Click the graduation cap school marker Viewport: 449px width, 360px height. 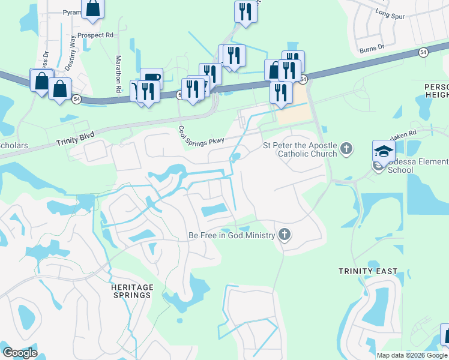click(x=384, y=151)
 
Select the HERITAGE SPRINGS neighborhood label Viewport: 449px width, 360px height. click(x=131, y=291)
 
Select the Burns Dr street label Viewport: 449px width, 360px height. click(x=372, y=47)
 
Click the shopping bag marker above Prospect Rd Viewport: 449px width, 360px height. click(x=93, y=8)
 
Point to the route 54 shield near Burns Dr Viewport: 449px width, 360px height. click(x=423, y=52)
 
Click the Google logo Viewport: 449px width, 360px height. click(x=20, y=353)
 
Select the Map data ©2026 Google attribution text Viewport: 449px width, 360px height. click(x=412, y=355)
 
